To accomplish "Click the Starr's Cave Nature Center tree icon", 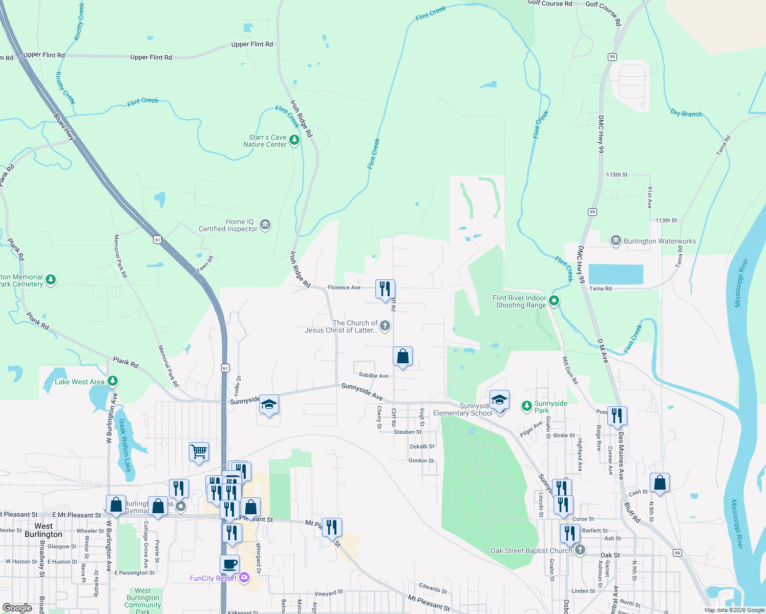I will [x=294, y=140].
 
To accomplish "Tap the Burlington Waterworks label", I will [x=659, y=241].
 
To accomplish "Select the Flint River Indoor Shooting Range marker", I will [x=554, y=301].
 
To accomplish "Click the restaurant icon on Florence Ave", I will [x=385, y=289].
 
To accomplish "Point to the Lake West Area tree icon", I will [x=113, y=381].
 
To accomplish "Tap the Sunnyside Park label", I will [x=550, y=407].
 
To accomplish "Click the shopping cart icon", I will [x=199, y=452].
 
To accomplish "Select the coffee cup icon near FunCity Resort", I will [x=230, y=564].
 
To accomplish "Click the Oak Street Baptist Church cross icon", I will [x=580, y=550].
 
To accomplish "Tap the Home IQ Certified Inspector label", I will [x=228, y=225].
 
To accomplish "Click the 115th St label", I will [x=616, y=174].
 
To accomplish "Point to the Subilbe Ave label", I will [x=373, y=376].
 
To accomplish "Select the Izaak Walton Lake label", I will [x=125, y=445].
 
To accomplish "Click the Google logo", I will [x=17, y=607].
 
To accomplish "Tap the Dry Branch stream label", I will [x=686, y=114].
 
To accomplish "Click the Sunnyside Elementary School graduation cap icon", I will [x=499, y=400].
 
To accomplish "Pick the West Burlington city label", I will [x=44, y=530].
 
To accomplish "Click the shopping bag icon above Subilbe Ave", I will [x=403, y=356].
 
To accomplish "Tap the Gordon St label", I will [x=421, y=461].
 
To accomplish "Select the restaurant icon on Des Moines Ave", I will [x=617, y=416].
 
